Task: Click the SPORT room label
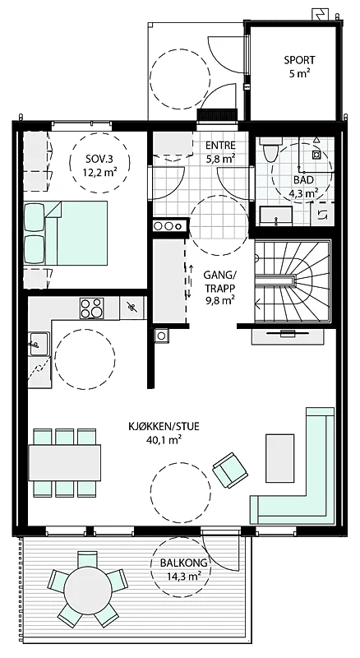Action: click(x=299, y=60)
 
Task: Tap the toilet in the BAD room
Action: click(x=268, y=151)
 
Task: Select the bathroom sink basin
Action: click(x=275, y=215)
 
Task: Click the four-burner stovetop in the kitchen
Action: click(x=91, y=308)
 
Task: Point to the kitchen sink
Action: click(x=39, y=344)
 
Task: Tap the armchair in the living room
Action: click(x=230, y=470)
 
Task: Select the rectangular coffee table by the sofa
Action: click(x=279, y=458)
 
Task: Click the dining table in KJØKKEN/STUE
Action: click(x=65, y=462)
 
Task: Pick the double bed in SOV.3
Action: click(x=66, y=233)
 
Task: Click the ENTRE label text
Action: click(x=221, y=146)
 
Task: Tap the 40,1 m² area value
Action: click(x=164, y=439)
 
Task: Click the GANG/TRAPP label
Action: click(x=219, y=281)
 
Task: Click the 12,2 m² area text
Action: click(x=99, y=171)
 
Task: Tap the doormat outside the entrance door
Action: click(x=217, y=114)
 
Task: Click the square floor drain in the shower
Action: click(x=316, y=155)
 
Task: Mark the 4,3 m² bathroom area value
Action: click(x=303, y=193)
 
